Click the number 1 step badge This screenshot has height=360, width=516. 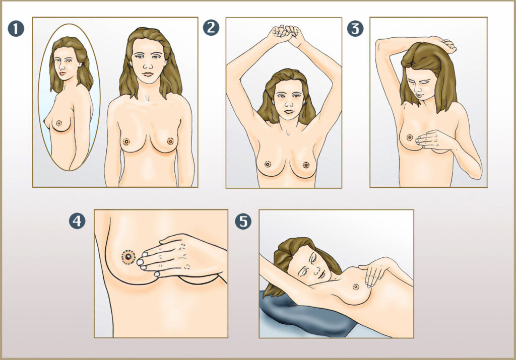[x=16, y=29]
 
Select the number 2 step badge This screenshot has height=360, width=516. [x=211, y=28]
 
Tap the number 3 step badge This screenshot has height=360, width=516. [x=355, y=29]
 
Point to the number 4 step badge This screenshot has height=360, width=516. [x=77, y=221]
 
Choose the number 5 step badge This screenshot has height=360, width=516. [x=243, y=221]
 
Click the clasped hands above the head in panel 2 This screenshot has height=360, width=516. [x=286, y=34]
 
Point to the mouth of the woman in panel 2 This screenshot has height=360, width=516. [x=289, y=111]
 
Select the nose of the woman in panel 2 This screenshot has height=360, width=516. [x=289, y=103]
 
